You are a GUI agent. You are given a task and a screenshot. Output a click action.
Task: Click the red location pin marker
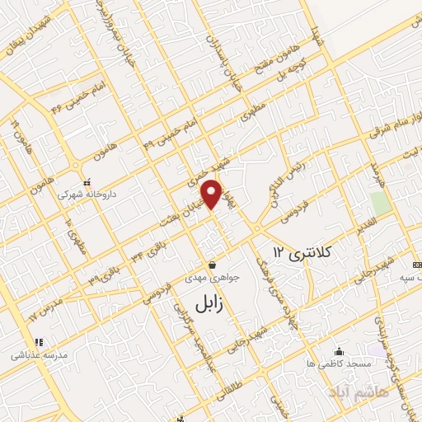click(x=213, y=193)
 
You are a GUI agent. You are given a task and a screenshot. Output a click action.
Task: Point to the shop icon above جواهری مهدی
click(x=213, y=265)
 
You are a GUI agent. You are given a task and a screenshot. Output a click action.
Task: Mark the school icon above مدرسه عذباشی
click(x=37, y=342)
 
